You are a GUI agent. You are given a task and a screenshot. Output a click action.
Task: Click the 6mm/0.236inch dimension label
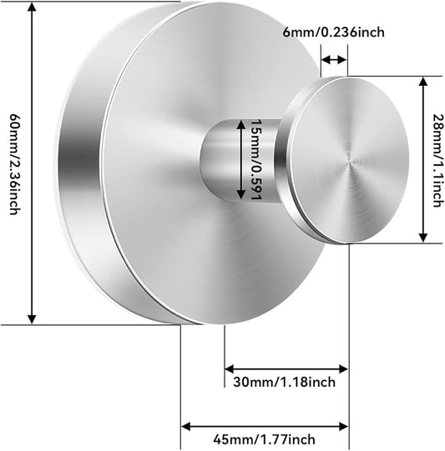(333, 32)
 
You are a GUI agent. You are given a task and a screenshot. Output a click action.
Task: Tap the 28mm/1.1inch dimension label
(437, 161)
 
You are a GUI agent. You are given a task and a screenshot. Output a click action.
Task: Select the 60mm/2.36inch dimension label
(14, 164)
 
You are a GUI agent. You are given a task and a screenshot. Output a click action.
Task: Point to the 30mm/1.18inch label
(284, 383)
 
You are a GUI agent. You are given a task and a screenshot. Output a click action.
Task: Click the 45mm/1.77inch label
(264, 439)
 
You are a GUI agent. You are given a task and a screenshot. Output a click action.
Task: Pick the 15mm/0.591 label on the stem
(255, 159)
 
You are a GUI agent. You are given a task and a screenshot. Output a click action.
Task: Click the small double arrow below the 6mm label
(333, 60)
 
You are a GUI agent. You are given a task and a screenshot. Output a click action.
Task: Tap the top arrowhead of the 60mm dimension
(32, 7)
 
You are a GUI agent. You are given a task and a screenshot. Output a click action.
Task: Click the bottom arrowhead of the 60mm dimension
(32, 318)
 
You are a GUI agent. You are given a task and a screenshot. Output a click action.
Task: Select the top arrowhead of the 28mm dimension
(422, 82)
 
